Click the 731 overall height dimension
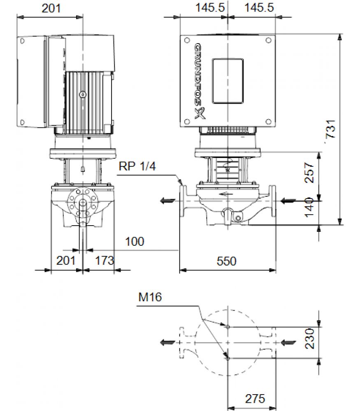point(331,129)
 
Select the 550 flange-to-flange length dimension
point(226,261)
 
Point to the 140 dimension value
point(309,207)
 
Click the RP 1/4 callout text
point(137,166)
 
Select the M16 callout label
point(150,297)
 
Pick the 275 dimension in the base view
point(255,399)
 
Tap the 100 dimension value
point(135,241)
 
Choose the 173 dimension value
point(105,261)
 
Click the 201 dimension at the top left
point(51,8)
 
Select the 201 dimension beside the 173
point(66,261)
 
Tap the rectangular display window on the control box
point(228,81)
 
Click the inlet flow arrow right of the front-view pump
point(288,201)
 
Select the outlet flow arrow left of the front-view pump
point(168,201)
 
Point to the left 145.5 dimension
point(210,7)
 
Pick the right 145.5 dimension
point(259,7)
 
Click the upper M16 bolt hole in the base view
point(228,327)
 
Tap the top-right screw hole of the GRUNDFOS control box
point(268,40)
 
